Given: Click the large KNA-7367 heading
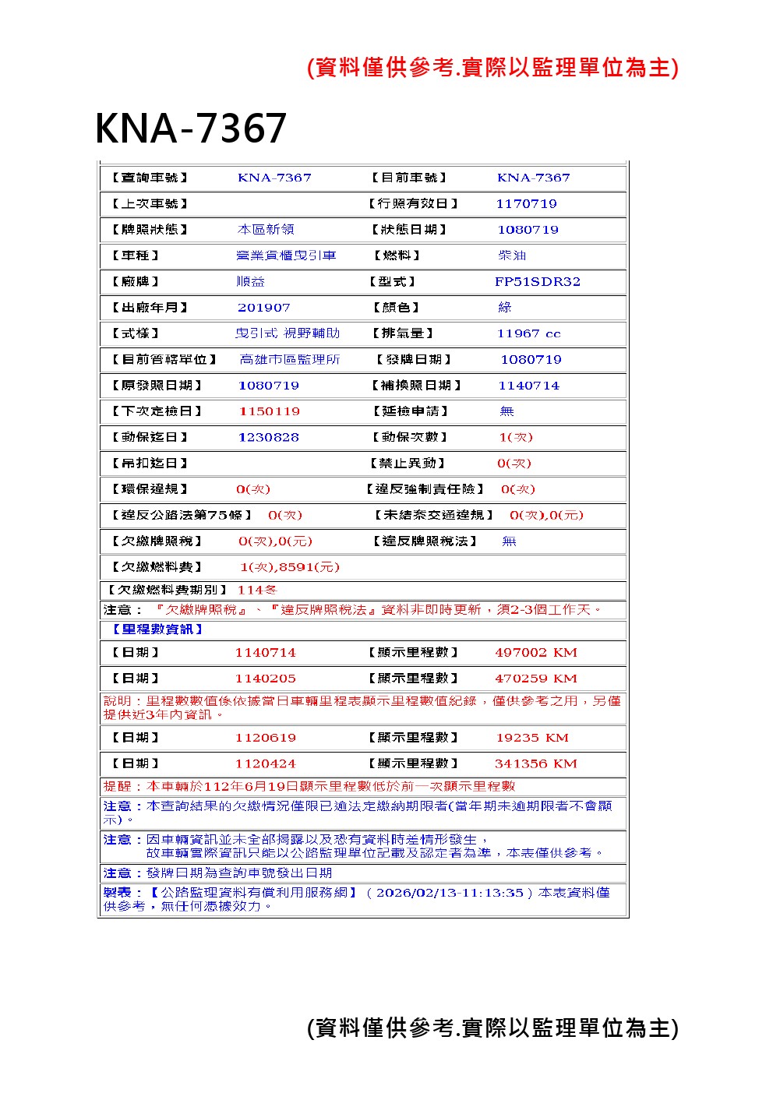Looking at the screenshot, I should coord(191,128).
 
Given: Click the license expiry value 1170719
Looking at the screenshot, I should coord(526,204).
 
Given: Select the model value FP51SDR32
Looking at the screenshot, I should coord(538,282).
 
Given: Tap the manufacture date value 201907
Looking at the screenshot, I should coord(264,308).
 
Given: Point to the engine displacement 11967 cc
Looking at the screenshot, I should coord(528,333).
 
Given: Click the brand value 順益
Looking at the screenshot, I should coord(251,282).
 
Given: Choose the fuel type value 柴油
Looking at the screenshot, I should coord(512,256).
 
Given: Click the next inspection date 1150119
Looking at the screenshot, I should coord(269,411).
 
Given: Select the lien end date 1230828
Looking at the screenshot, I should coord(269,438).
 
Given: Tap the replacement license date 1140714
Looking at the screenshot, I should coord(528,386).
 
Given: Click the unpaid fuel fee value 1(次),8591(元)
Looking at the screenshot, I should coord(289,567).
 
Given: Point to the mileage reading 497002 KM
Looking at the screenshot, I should coord(535,653).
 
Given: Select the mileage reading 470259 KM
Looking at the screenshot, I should coord(535,679).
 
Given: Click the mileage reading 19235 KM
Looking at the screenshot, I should coord(532,738).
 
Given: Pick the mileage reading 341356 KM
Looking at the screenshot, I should coord(535,764).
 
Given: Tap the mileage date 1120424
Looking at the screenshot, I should coord(266,764).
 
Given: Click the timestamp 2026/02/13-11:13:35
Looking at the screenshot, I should coord(450,893).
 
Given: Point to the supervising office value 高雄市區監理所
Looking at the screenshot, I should coord(290,360).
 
